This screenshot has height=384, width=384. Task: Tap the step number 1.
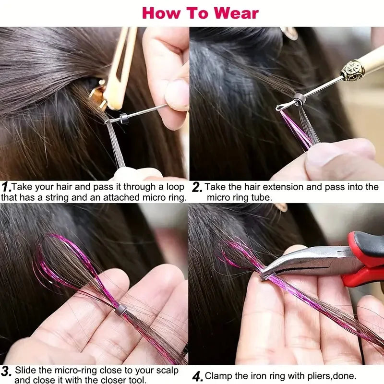[x=6, y=186]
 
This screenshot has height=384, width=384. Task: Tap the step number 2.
[x=195, y=186]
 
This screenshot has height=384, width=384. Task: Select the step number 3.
[x=6, y=371]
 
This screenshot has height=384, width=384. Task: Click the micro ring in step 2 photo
[x=300, y=99]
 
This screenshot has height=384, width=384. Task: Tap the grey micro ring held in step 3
[x=120, y=311]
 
